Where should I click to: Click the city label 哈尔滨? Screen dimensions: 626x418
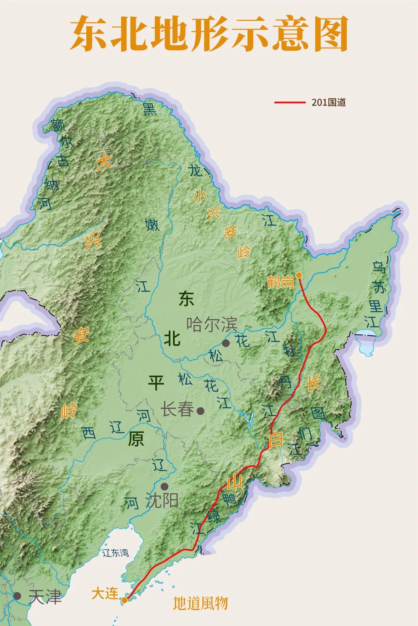coord(212,324)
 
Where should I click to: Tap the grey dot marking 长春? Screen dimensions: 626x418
coord(200,411)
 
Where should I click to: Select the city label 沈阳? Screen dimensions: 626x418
coord(162,501)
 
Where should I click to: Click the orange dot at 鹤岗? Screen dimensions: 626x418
coord(299,275)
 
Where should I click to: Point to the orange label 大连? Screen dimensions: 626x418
coord(104,594)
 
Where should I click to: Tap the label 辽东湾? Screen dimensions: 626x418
coord(115,553)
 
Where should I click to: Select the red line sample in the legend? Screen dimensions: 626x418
coord(290,102)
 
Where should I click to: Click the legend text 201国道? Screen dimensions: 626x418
coord(329,102)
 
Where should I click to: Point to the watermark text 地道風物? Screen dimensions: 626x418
coord(200,603)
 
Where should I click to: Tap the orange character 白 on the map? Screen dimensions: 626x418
coord(276,439)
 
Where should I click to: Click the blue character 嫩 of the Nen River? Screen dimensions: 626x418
coord(152,225)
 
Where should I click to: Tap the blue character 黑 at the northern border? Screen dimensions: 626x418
coord(150,109)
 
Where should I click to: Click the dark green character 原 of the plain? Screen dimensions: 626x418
coord(136,439)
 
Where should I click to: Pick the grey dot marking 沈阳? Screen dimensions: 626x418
coord(164,486)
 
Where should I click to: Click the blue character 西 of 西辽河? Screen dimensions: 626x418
coord(89,433)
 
